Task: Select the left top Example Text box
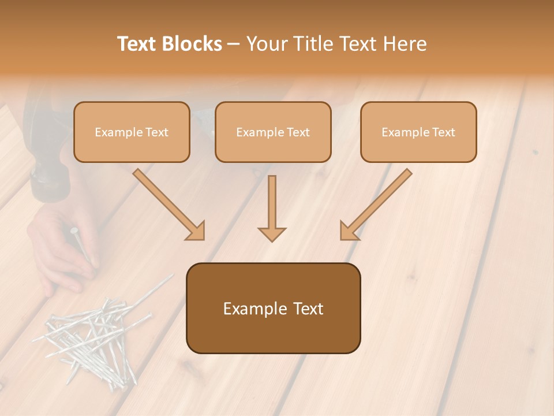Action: pyautogui.click(x=132, y=132)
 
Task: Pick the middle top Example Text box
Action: pyautogui.click(x=273, y=132)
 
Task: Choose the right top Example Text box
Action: pyautogui.click(x=418, y=132)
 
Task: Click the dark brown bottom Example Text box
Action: pyautogui.click(x=273, y=308)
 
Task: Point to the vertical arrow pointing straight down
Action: pyautogui.click(x=272, y=208)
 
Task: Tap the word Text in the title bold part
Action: pyautogui.click(x=138, y=44)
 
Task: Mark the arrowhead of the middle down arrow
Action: pyautogui.click(x=272, y=233)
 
